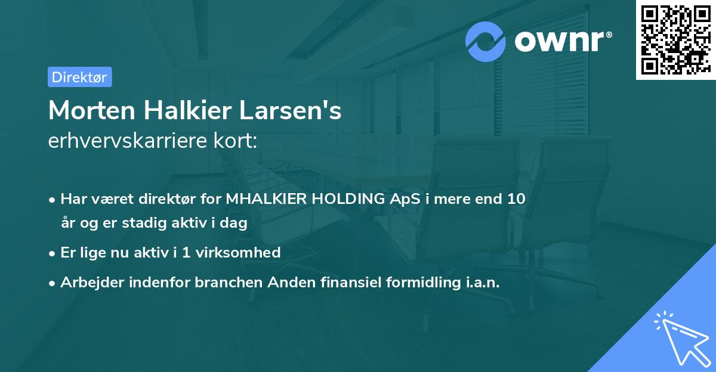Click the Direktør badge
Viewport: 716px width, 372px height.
pos(79,77)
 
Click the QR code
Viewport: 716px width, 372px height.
pos(675,41)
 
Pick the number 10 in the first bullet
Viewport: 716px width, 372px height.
pos(516,199)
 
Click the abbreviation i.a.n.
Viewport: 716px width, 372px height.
pos(480,283)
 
